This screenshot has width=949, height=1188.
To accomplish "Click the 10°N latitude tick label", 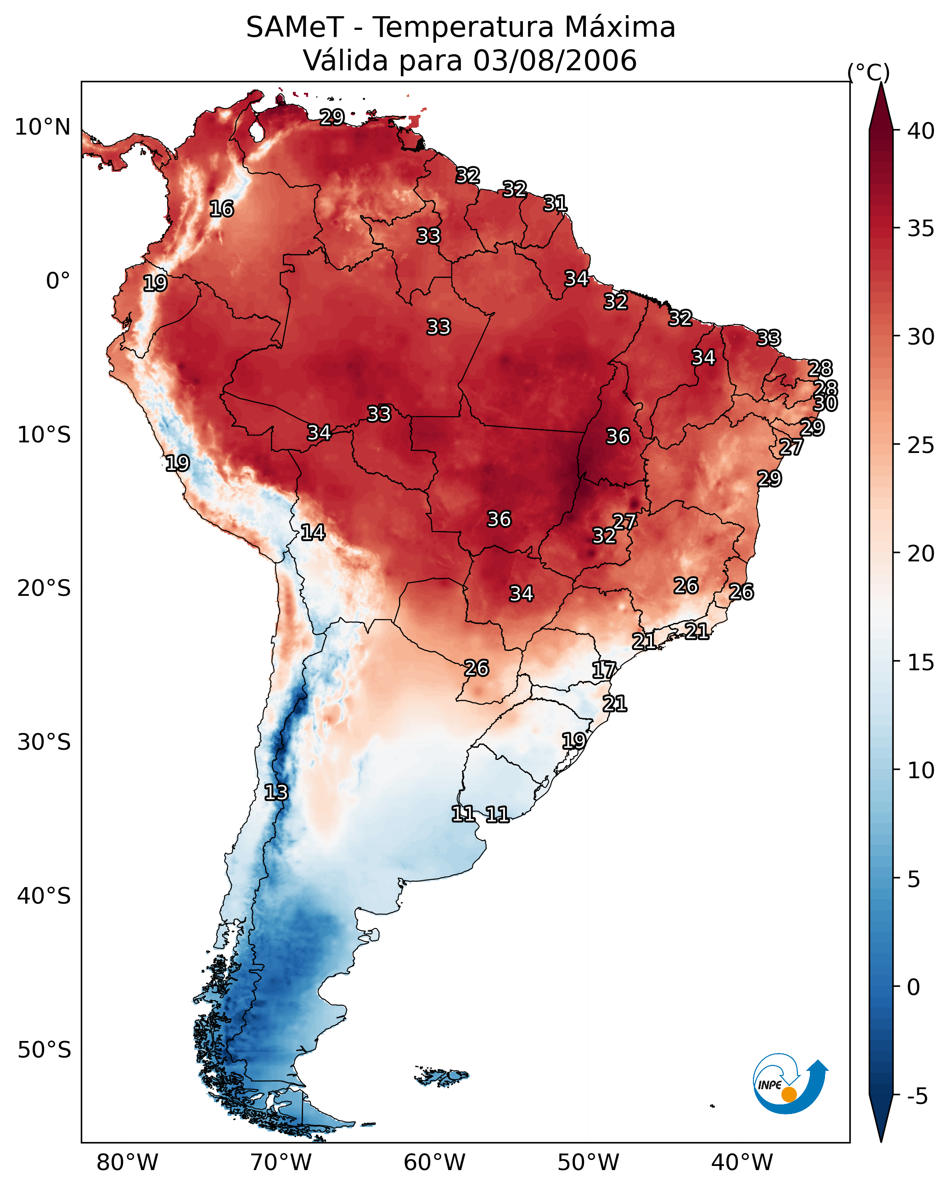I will click(42, 127).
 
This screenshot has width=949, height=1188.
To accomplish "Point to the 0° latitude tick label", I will click(58, 281).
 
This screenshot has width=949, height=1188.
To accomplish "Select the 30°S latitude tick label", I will click(44, 742).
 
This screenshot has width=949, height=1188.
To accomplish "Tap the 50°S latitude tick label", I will click(44, 1050).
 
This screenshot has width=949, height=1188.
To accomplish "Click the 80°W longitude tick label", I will click(127, 1163).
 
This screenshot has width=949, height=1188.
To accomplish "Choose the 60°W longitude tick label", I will click(435, 1163).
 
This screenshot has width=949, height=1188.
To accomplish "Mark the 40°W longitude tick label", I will click(742, 1163).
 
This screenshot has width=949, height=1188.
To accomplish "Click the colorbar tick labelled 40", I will click(921, 131).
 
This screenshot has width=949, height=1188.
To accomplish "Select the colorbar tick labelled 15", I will click(921, 662).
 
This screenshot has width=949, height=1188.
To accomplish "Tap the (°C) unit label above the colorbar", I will click(868, 72).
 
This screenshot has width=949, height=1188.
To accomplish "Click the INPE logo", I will click(789, 1083).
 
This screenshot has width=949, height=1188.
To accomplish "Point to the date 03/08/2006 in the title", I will click(555, 61).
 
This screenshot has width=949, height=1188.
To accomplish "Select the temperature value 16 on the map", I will click(221, 209).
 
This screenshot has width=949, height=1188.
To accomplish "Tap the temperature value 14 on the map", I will click(313, 532).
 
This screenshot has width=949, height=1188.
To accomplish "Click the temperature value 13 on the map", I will click(276, 792).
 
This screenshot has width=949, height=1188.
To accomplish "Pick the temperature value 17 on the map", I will click(604, 670).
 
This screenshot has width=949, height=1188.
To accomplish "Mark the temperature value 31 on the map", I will click(555, 204).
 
